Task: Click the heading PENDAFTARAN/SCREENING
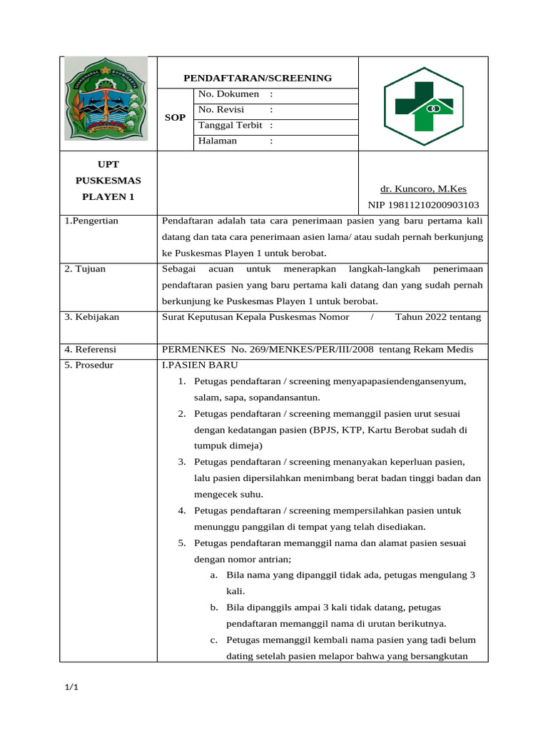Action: pyautogui.click(x=258, y=78)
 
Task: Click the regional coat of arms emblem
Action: pyautogui.click(x=106, y=99)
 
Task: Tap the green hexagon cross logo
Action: pyautogui.click(x=423, y=106)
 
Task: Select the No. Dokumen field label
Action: pyautogui.click(x=228, y=94)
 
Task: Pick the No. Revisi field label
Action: pyautogui.click(x=221, y=109)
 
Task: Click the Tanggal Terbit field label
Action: pyautogui.click(x=230, y=125)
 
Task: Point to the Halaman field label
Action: pyautogui.click(x=218, y=141)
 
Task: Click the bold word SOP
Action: pyautogui.click(x=176, y=117)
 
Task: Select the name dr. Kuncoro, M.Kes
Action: pyautogui.click(x=423, y=188)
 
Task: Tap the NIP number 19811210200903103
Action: pyautogui.click(x=423, y=205)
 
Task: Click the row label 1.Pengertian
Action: pyautogui.click(x=91, y=221)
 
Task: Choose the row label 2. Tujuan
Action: pyautogui.click(x=85, y=269)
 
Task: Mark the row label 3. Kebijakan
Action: pyautogui.click(x=92, y=317)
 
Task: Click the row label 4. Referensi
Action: pyautogui.click(x=91, y=350)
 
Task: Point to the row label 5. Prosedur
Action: pyautogui.click(x=89, y=365)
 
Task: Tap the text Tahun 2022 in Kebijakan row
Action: pyautogui.click(x=421, y=317)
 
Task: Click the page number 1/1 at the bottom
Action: pyautogui.click(x=71, y=687)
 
